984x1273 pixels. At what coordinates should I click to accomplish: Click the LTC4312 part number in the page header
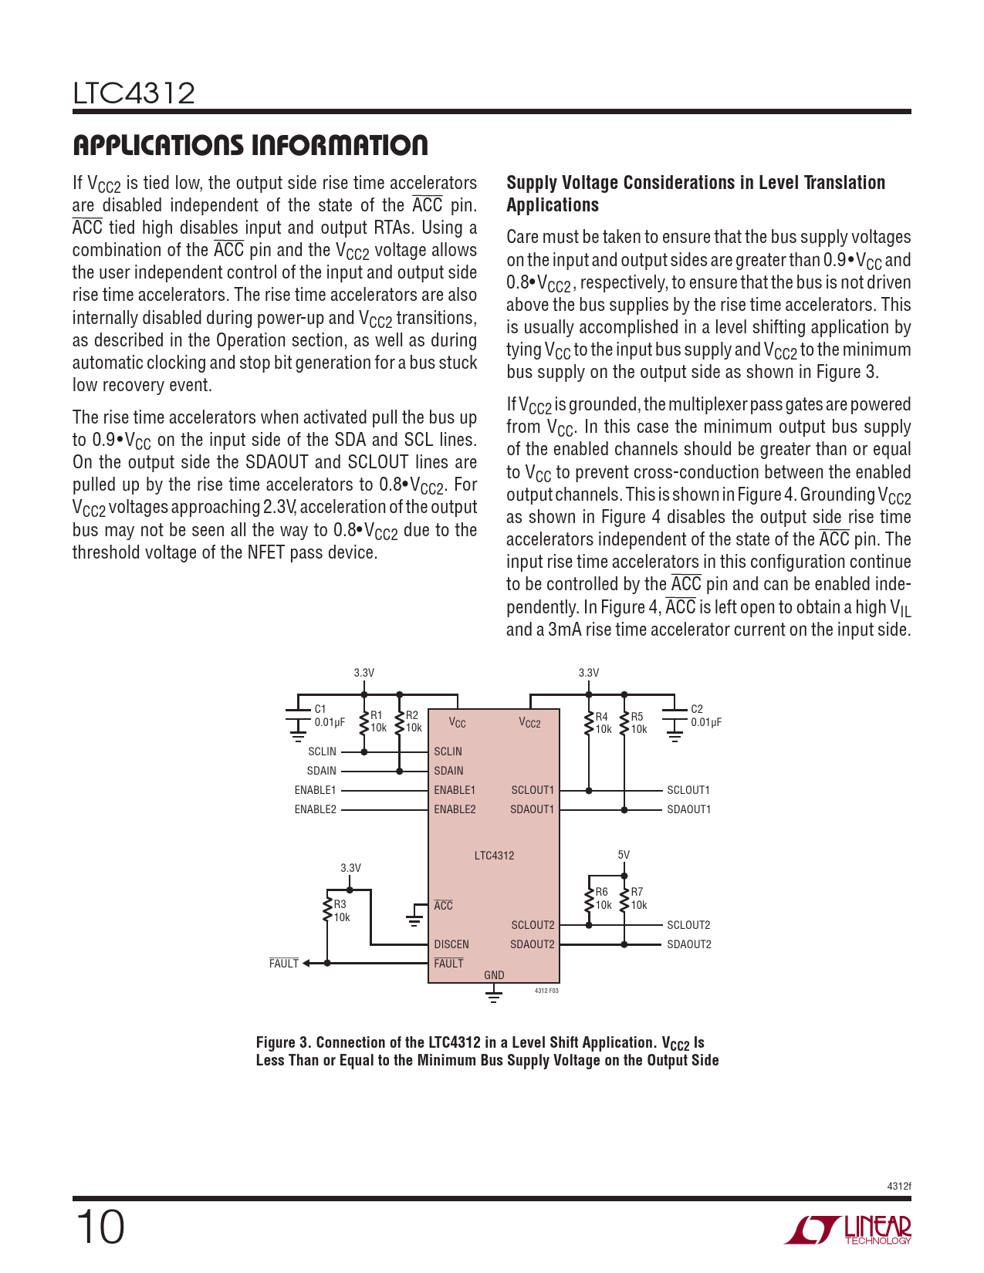(x=134, y=94)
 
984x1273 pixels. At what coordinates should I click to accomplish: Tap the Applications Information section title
(x=250, y=145)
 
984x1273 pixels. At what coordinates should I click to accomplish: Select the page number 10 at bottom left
(x=100, y=1227)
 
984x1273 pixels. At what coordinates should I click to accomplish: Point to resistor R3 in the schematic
(x=328, y=909)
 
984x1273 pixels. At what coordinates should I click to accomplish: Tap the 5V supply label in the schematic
(x=624, y=855)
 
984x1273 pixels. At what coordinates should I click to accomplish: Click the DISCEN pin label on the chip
(x=451, y=944)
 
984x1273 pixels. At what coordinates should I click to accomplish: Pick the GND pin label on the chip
(x=494, y=975)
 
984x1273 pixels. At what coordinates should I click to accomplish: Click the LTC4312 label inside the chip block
(x=494, y=856)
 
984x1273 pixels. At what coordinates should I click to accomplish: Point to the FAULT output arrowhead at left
(x=306, y=964)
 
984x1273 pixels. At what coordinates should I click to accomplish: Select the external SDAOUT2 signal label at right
(x=688, y=944)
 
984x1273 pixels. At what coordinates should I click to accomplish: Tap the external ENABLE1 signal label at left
(x=315, y=790)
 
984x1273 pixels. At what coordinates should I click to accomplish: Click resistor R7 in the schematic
(x=624, y=899)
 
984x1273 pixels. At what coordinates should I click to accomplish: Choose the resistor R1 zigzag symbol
(x=364, y=722)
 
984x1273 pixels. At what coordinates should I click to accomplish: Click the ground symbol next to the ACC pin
(x=414, y=917)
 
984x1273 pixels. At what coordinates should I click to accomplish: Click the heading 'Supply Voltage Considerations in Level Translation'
(x=695, y=183)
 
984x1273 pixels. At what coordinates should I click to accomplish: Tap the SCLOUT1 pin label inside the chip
(x=533, y=790)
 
